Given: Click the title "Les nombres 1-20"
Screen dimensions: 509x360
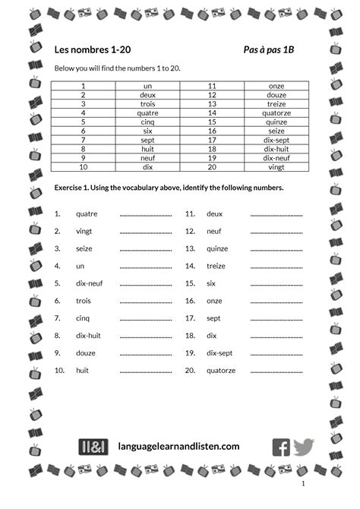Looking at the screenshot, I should [x=87, y=49].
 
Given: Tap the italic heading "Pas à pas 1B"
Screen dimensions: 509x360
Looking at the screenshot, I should [x=271, y=49].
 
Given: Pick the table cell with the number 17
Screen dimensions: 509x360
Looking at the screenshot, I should [x=213, y=140].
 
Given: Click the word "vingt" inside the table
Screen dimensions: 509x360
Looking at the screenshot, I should [x=276, y=167].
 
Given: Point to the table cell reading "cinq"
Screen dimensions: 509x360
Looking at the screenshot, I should [x=147, y=122].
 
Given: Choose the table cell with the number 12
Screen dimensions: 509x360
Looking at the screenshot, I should [x=213, y=95].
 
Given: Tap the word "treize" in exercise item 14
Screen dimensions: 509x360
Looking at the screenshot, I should [x=216, y=266].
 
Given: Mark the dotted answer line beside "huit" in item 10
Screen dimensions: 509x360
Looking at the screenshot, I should [x=146, y=372].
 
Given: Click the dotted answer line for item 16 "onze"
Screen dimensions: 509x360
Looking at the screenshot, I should [x=276, y=302].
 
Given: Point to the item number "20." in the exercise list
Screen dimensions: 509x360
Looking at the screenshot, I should [x=190, y=371].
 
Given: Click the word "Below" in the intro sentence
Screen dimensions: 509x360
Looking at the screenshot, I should [x=64, y=68].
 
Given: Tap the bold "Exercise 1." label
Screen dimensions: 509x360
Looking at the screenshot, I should [x=73, y=187].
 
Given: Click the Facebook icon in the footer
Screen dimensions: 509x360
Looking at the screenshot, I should [x=281, y=447].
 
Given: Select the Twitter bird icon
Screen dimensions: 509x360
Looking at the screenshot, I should [x=303, y=447].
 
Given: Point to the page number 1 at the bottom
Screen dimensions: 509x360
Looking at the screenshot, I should [x=303, y=484].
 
